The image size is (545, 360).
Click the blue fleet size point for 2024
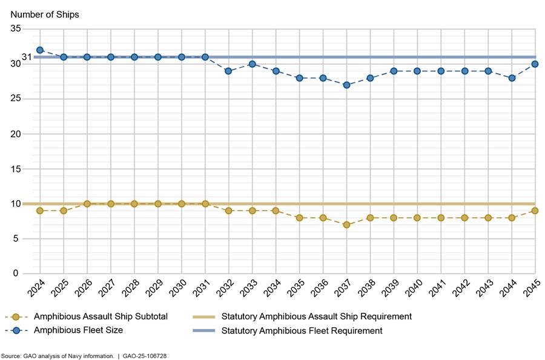point(40,50)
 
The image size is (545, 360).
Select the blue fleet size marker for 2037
point(346,85)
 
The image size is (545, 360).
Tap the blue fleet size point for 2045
point(535,64)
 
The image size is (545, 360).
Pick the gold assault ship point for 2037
point(346,225)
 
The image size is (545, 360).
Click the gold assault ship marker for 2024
point(40,211)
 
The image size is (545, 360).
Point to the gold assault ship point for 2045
point(535,211)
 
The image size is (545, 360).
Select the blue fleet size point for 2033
point(252,64)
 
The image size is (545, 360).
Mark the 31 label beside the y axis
point(27,57)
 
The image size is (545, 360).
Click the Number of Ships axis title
point(44,13)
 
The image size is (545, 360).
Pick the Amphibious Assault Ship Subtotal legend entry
point(101,316)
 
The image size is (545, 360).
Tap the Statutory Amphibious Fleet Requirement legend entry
point(302,330)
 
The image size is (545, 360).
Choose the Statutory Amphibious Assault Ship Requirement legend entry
point(316,316)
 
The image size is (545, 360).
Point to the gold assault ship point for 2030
point(181,204)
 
